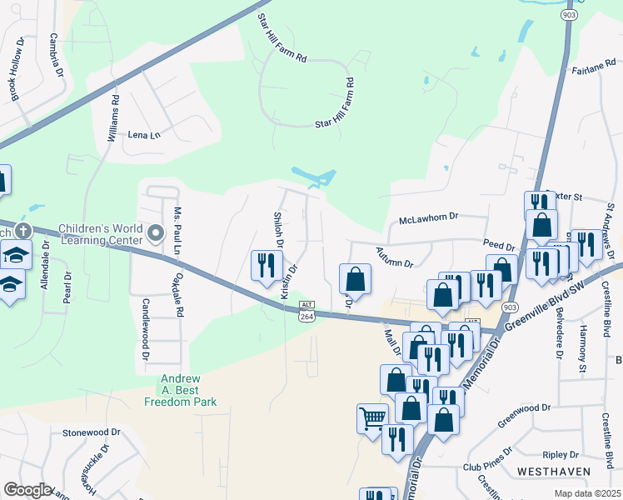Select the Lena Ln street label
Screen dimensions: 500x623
142,134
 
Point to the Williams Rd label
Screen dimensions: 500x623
114,117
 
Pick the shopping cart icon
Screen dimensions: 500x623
372,418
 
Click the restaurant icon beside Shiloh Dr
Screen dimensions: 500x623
266,266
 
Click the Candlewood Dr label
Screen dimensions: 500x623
145,341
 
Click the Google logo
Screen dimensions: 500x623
27,490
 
